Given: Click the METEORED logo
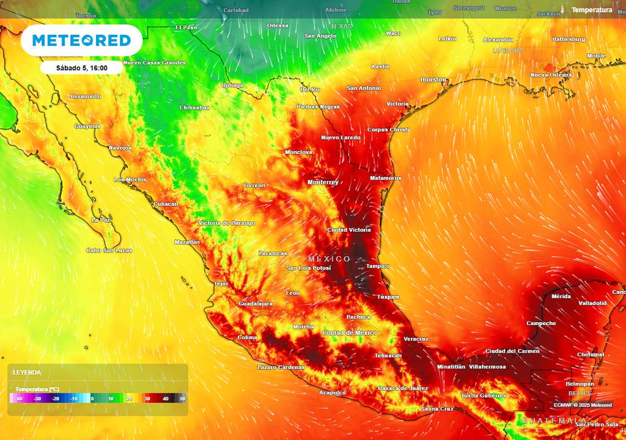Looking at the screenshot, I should (x=81, y=40).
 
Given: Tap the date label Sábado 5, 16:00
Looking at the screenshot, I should (x=82, y=68).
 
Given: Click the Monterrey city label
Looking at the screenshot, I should (x=323, y=182).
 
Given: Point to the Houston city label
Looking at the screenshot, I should (x=433, y=79).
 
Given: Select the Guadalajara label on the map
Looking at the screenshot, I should (x=255, y=303).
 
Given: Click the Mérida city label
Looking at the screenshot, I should (x=561, y=296).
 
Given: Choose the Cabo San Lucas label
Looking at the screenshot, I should (x=109, y=250).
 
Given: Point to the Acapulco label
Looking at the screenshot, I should (x=332, y=392).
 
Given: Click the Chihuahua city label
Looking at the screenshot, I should (x=194, y=108).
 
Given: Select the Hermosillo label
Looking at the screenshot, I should (x=86, y=97).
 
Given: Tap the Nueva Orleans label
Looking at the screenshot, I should (x=550, y=75).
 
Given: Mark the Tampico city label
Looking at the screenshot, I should (x=377, y=266).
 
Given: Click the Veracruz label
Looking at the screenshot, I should (x=416, y=339).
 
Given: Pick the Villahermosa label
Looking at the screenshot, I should (x=487, y=367).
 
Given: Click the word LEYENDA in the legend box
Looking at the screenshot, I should (x=27, y=372).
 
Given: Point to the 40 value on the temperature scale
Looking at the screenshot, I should (x=165, y=398).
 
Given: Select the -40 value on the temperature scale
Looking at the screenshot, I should (x=19, y=398).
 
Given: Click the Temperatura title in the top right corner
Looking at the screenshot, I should (x=591, y=10).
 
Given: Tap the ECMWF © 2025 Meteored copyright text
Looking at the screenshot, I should (x=583, y=405).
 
